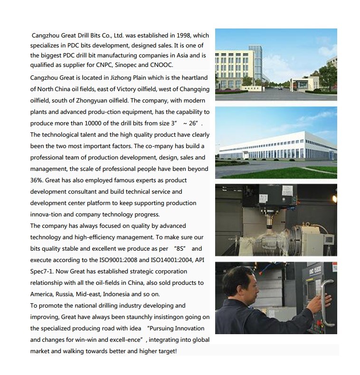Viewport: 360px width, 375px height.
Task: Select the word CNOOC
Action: [161, 65]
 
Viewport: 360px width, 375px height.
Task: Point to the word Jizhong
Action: [111, 77]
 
